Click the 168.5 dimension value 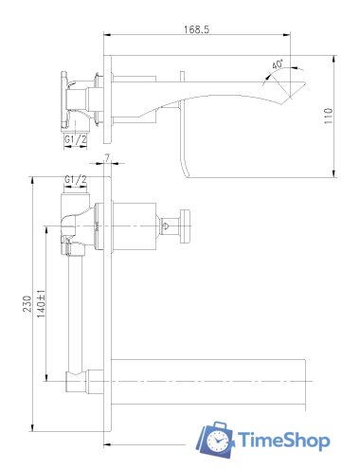(196, 29)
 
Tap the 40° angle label (278, 64)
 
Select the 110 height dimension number (329, 116)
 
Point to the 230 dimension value (27, 304)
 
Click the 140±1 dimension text (42, 303)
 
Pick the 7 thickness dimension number (107, 157)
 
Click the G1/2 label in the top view (75, 139)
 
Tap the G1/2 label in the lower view (75, 180)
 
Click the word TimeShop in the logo (284, 440)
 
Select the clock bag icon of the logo (215, 440)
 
